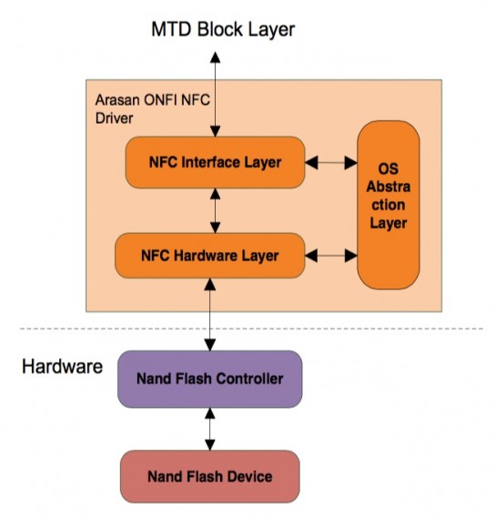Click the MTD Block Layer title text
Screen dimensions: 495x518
(x=223, y=30)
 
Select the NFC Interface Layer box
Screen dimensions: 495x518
(x=215, y=162)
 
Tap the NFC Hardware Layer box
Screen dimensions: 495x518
(x=209, y=256)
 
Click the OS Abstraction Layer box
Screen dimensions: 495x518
(x=389, y=205)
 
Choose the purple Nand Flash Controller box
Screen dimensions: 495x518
(x=210, y=379)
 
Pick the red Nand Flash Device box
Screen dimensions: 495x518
(x=210, y=476)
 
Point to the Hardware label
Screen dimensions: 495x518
(x=63, y=367)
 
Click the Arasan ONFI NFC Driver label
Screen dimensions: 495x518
(x=152, y=109)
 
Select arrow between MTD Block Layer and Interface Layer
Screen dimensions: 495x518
(x=216, y=94)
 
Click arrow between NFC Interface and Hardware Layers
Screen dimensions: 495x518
(x=216, y=211)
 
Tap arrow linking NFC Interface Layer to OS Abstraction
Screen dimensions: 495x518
(x=331, y=163)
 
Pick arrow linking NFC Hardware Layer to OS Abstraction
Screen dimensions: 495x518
(x=331, y=256)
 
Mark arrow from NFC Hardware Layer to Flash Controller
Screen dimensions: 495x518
(x=210, y=314)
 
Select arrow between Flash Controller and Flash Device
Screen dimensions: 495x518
(x=210, y=429)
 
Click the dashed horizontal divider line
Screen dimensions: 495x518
(x=252, y=329)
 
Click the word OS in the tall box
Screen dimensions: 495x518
(x=389, y=168)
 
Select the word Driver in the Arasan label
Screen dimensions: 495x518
(x=115, y=118)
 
